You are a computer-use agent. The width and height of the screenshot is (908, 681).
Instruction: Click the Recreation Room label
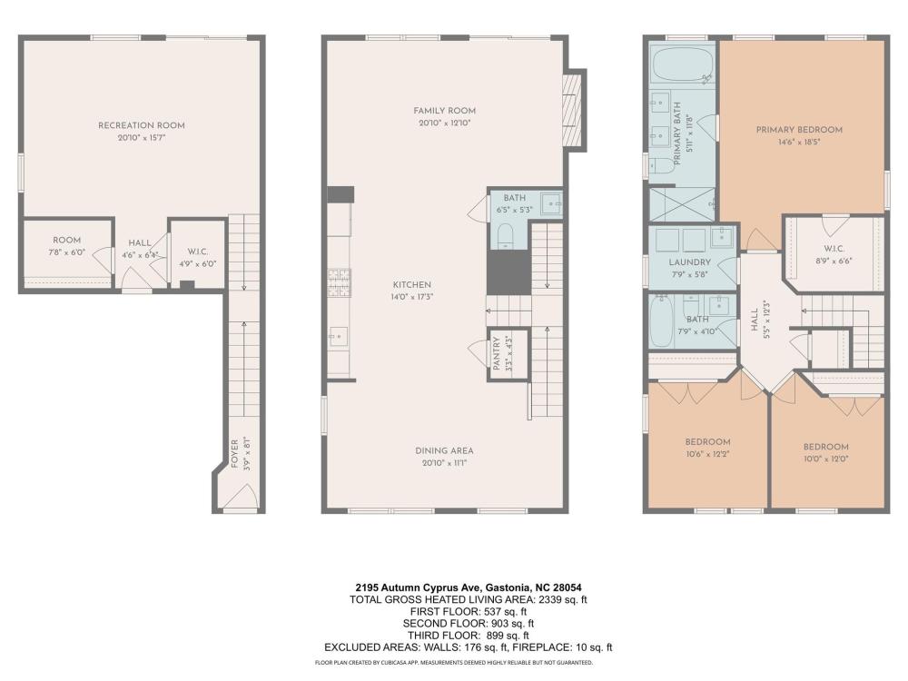pyautogui.click(x=142, y=125)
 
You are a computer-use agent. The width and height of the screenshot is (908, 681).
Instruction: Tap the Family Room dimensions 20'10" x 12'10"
pyautogui.click(x=444, y=123)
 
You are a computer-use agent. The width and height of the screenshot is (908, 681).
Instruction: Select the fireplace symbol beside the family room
pyautogui.click(x=572, y=110)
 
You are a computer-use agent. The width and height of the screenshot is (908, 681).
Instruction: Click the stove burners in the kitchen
pyautogui.click(x=340, y=282)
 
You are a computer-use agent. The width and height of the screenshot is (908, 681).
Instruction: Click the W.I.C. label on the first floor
pyautogui.click(x=197, y=252)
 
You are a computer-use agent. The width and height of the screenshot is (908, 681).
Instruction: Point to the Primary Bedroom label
pyautogui.click(x=799, y=130)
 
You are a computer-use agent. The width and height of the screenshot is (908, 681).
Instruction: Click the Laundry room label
pyautogui.click(x=689, y=262)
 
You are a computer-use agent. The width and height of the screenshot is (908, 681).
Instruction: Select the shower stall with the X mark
pyautogui.click(x=682, y=204)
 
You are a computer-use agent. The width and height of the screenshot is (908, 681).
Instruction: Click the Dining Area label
pyautogui.click(x=444, y=450)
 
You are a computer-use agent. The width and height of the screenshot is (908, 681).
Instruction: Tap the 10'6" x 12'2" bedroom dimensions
pyautogui.click(x=707, y=454)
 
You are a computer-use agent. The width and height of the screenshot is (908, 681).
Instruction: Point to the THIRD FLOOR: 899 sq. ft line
pyautogui.click(x=469, y=636)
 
